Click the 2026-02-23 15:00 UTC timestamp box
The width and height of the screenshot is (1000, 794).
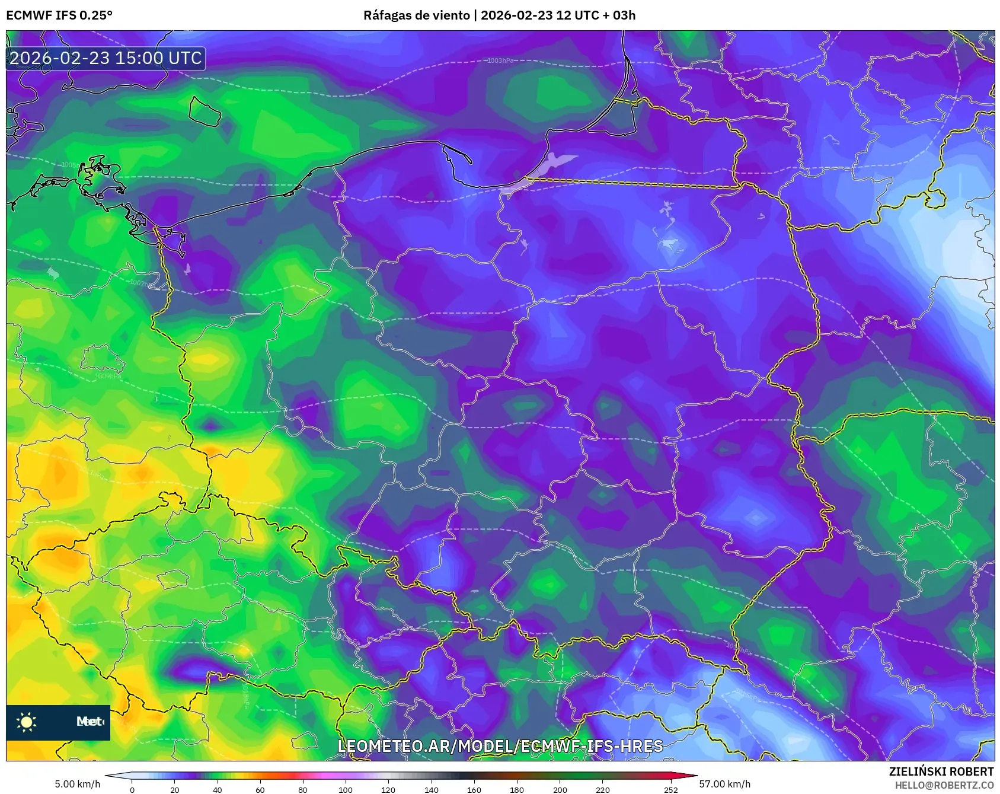pos(106,58)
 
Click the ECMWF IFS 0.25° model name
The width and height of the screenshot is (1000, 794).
pos(59,15)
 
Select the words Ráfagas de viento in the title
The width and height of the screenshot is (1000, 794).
pos(416,15)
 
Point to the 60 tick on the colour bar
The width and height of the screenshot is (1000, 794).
pos(260,789)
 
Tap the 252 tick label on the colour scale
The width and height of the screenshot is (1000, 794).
pos(670,789)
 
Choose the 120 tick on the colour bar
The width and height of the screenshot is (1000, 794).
pos(388,789)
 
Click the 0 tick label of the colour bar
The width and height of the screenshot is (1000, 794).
pos(132,789)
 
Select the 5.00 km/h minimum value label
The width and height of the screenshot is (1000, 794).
pos(78,784)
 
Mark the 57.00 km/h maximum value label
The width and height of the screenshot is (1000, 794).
pos(724,784)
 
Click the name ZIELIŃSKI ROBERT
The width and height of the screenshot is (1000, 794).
pos(941,771)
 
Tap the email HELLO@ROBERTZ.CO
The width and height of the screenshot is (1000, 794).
pos(944,785)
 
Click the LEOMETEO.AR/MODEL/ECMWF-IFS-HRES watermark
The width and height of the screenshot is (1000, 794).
pos(500,746)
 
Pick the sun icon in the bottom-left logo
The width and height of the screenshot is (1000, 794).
pos(27,722)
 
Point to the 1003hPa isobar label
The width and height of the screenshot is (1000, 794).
pos(500,60)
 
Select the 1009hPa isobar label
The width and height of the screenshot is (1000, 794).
pos(108,376)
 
